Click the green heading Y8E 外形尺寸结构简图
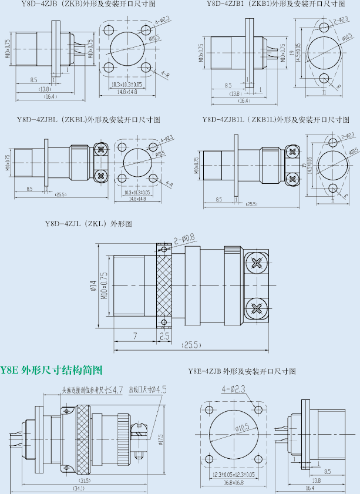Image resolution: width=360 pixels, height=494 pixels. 52,371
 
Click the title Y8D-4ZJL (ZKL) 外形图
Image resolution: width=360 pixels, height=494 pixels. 89,224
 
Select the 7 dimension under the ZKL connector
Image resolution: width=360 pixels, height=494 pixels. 134,336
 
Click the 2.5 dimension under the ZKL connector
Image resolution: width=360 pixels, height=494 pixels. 164,336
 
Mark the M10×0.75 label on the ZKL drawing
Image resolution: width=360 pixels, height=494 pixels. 104,286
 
